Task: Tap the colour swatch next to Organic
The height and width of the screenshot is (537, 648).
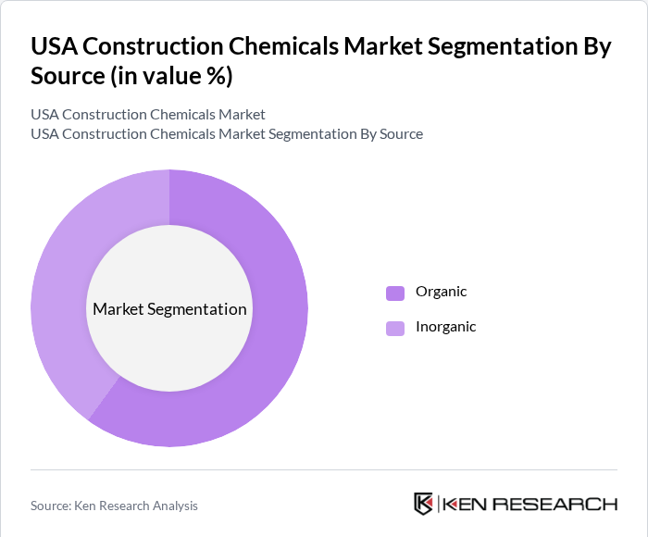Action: coord(395,293)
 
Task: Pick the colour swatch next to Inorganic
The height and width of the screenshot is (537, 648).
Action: coord(395,328)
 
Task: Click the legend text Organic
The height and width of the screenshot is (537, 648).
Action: coord(441,292)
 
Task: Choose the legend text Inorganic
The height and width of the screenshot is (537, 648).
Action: coord(445,327)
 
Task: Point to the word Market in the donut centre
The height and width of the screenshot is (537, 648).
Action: coord(117,309)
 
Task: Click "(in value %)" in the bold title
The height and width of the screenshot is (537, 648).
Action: coord(170,76)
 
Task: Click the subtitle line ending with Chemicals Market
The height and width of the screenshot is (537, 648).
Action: coord(148,115)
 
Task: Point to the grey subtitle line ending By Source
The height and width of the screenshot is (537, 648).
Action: coord(227,134)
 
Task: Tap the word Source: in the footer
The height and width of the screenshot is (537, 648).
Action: coord(52,506)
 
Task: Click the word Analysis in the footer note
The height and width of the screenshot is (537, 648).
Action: coord(173,506)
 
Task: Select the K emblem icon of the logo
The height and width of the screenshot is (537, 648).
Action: coord(423,504)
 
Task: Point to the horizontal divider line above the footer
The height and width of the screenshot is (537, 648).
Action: coord(324,470)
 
